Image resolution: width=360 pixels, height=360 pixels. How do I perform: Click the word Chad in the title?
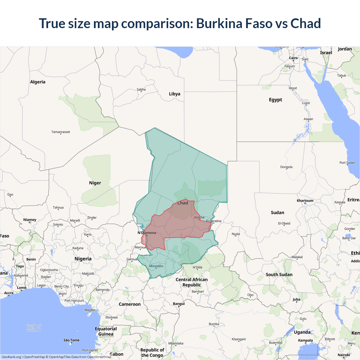pos(305,23)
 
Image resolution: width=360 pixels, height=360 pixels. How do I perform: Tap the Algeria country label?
pos(38,82)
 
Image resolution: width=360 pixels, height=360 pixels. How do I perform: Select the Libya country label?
pos(174,94)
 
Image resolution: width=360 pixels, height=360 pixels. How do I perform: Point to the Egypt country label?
pos(275,100)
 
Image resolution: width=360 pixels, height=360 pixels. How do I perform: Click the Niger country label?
pos(95,183)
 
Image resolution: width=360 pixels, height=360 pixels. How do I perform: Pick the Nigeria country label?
pos(83,259)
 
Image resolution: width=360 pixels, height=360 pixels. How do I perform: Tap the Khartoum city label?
pos(305,201)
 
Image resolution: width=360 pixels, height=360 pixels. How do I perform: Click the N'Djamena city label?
pos(147,233)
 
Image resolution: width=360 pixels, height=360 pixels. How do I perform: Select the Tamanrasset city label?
pos(61,132)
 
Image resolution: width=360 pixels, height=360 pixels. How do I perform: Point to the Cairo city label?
pos(293,58)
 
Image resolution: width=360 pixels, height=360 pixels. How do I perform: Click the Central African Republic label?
pos(192,282)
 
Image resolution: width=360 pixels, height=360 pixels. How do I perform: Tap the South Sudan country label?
pos(279,274)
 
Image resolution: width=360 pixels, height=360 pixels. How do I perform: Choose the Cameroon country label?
pos(130,304)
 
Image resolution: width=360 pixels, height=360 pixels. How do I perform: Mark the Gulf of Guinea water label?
pos(33,328)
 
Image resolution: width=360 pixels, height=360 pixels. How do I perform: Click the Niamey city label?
pos(30,220)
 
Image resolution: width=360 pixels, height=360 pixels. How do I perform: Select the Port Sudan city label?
pos(347,163)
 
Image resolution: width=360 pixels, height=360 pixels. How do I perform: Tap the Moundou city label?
pos(156,266)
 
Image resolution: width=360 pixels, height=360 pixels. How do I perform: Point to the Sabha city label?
pos(141,89)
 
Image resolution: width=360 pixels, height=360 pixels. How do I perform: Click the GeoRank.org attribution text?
pos(11,357)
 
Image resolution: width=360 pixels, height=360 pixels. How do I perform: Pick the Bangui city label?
pos(179,304)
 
